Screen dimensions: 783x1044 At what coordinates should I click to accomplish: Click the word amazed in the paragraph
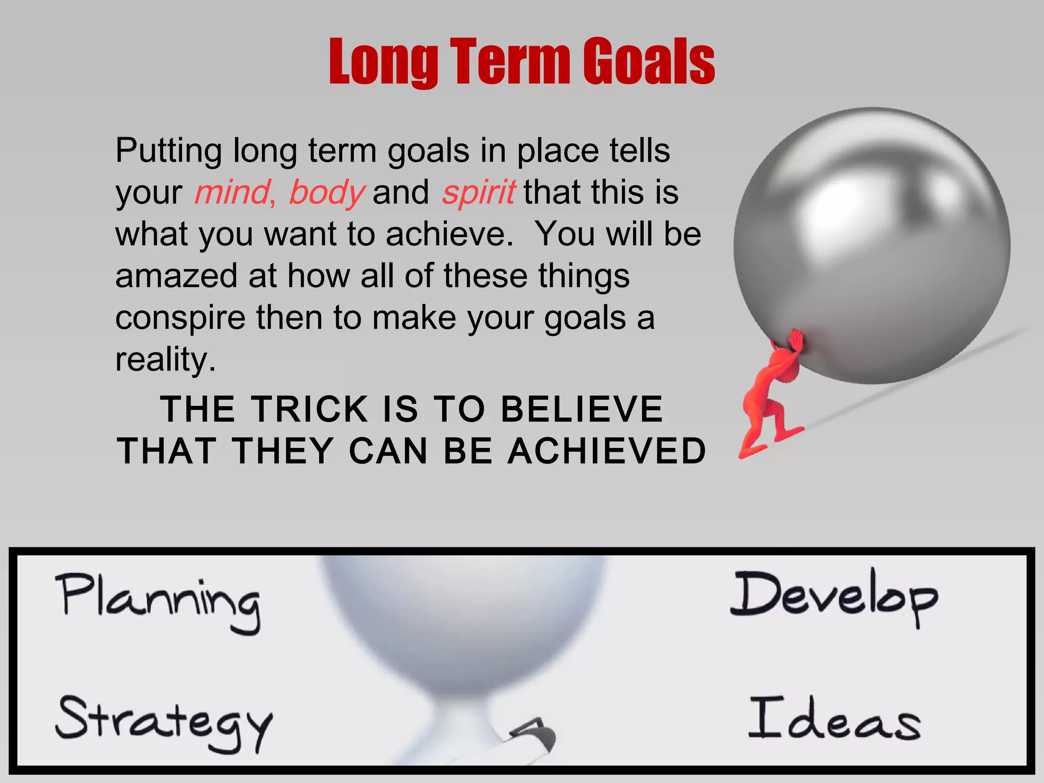tap(176, 276)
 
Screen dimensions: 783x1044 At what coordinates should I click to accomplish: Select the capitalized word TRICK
tap(310, 409)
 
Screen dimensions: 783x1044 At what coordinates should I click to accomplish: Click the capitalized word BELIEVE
tap(582, 409)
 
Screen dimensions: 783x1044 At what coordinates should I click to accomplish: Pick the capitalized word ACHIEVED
tap(607, 452)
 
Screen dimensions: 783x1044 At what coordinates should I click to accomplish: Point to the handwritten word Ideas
tap(834, 719)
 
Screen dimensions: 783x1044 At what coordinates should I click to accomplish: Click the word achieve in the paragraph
tap(449, 234)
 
